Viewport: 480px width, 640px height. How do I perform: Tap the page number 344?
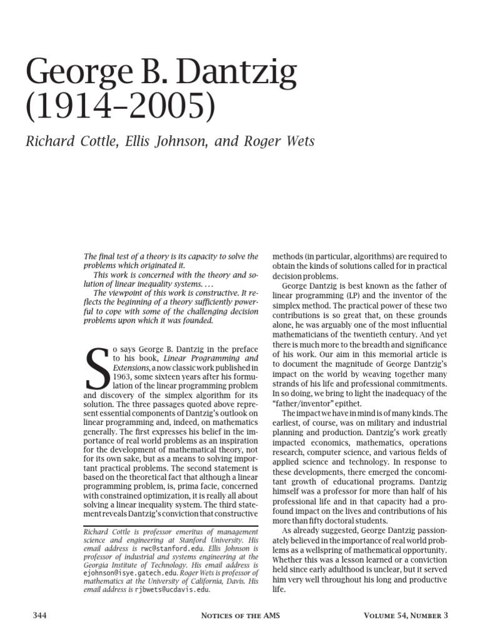click(40, 616)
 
